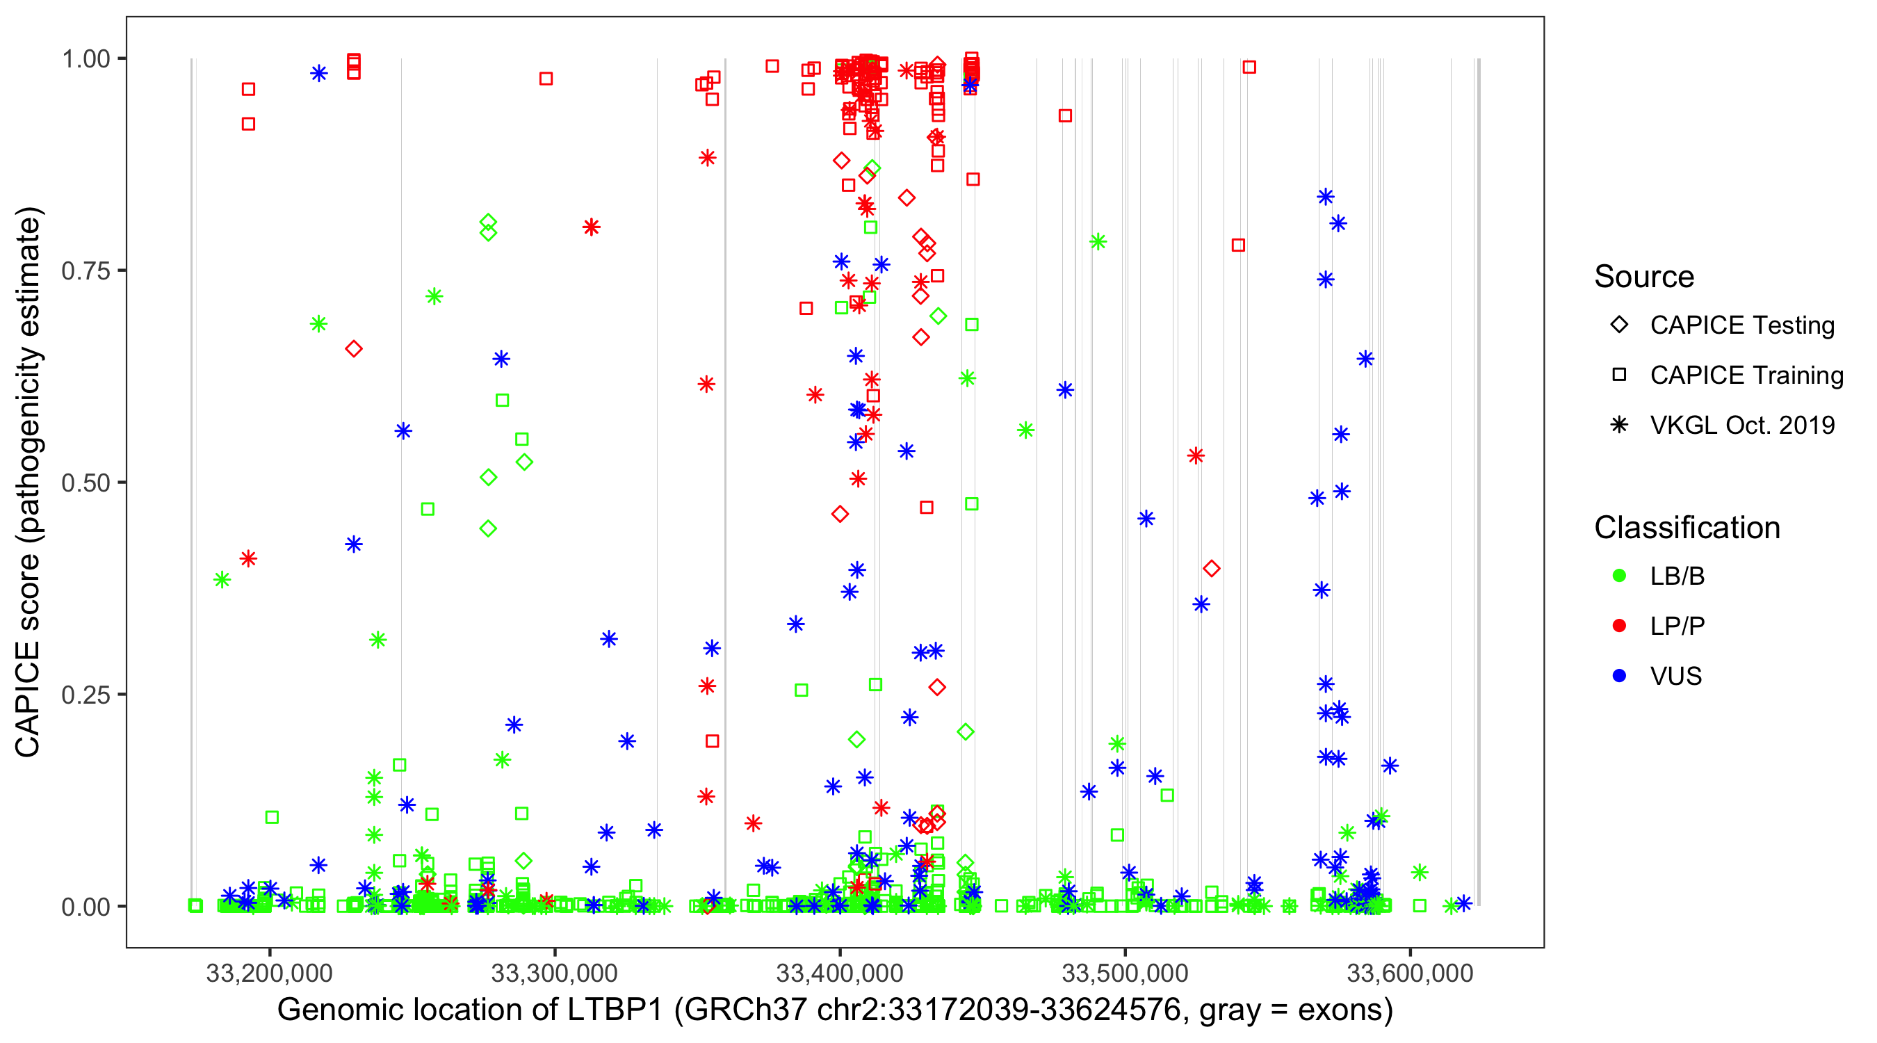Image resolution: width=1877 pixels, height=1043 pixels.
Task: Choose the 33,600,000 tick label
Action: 1410,973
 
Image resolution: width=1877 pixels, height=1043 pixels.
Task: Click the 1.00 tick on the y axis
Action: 86,59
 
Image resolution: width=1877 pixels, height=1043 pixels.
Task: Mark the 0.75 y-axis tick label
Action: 86,271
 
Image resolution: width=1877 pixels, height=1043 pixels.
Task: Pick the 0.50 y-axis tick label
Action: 86,483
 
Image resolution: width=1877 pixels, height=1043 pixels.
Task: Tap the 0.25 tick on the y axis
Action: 86,695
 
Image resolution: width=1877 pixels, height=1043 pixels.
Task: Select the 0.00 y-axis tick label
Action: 86,907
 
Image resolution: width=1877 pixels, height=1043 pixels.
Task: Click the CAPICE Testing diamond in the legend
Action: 1619,325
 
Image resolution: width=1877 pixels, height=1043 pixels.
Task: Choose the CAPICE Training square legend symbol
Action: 1619,375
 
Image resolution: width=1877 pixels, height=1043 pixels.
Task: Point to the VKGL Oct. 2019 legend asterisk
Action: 1619,425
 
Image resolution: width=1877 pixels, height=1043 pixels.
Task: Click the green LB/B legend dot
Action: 1619,576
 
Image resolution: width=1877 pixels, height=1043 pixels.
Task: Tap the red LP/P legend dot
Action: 1619,626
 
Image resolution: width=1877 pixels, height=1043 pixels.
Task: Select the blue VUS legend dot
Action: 1619,676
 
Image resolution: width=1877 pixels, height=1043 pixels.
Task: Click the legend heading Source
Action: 1644,277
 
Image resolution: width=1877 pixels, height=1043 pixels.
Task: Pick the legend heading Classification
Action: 1687,528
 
